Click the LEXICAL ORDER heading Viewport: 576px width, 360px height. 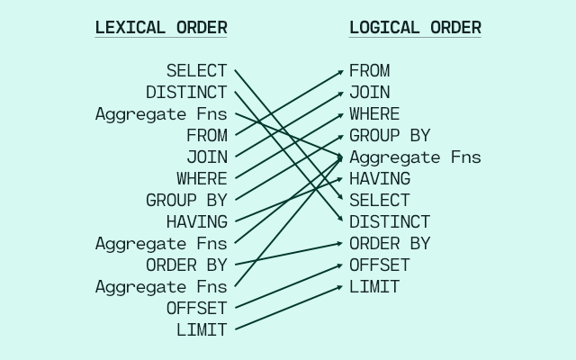click(x=161, y=28)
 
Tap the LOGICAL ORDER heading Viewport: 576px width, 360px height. click(x=415, y=28)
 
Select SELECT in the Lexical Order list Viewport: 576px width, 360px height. click(x=197, y=70)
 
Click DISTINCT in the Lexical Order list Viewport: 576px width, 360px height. click(x=186, y=92)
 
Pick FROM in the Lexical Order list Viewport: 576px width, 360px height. click(x=207, y=135)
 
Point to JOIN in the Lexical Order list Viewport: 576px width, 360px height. click(x=207, y=157)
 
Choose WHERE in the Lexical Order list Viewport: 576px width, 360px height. click(x=202, y=178)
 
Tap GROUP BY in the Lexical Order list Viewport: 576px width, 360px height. click(x=186, y=200)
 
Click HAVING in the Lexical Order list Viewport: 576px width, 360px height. click(x=197, y=221)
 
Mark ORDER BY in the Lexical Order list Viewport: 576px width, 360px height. click(x=186, y=265)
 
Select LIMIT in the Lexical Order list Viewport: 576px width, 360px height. click(x=202, y=329)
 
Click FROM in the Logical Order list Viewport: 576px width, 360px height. click(x=369, y=70)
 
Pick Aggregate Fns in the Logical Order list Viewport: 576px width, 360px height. click(x=415, y=157)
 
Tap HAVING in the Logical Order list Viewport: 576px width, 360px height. click(x=380, y=178)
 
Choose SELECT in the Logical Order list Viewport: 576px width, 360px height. click(x=380, y=200)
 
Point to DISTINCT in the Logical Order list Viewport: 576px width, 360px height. click(x=390, y=221)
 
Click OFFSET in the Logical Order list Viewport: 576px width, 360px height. click(x=380, y=265)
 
